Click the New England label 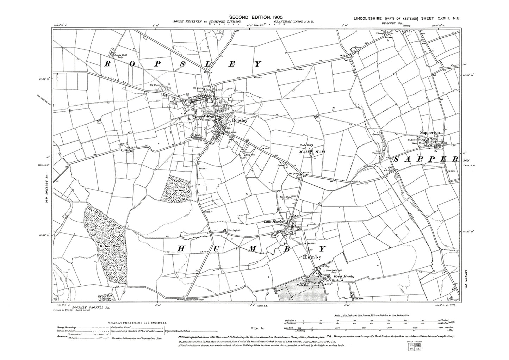pyautogui.click(x=234, y=231)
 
